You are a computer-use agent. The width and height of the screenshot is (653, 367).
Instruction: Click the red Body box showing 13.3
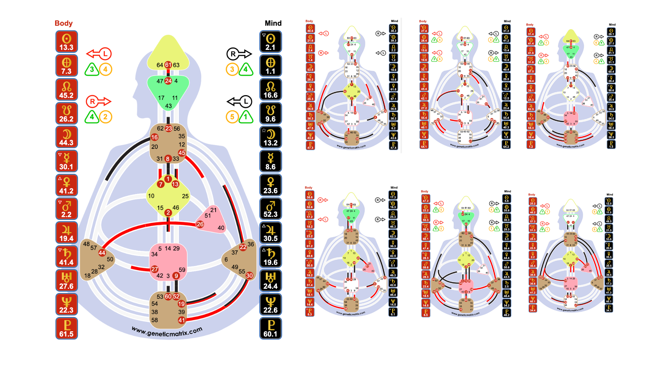(67, 42)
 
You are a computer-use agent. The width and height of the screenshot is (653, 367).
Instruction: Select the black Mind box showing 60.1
(270, 328)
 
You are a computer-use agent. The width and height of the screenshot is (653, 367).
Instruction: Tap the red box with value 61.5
(67, 328)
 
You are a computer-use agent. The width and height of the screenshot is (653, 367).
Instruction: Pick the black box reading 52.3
(270, 209)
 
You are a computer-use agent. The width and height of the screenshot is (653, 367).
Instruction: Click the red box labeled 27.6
(67, 281)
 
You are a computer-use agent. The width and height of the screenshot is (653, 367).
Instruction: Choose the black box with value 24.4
(270, 281)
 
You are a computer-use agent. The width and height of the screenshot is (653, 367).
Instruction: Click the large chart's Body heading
(64, 23)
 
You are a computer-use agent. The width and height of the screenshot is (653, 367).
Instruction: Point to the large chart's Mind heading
(273, 23)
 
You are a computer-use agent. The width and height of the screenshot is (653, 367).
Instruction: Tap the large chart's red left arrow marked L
(99, 54)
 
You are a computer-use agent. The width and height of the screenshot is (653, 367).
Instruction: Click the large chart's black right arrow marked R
(239, 54)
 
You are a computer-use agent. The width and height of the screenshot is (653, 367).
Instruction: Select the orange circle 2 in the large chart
(105, 117)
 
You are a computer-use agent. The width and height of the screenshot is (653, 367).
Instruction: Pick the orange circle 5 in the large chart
(232, 117)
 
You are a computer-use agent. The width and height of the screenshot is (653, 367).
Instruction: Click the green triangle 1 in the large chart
(246, 117)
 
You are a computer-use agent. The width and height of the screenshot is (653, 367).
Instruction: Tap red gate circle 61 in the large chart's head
(168, 65)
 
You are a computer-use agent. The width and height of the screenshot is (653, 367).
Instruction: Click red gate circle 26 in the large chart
(200, 224)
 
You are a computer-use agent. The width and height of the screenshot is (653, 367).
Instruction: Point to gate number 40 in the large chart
(221, 228)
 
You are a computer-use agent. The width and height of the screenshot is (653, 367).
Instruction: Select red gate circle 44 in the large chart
(102, 253)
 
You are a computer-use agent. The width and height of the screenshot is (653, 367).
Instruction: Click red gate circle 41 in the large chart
(182, 320)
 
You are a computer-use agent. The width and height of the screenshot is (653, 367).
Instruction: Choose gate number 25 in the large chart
(185, 196)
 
